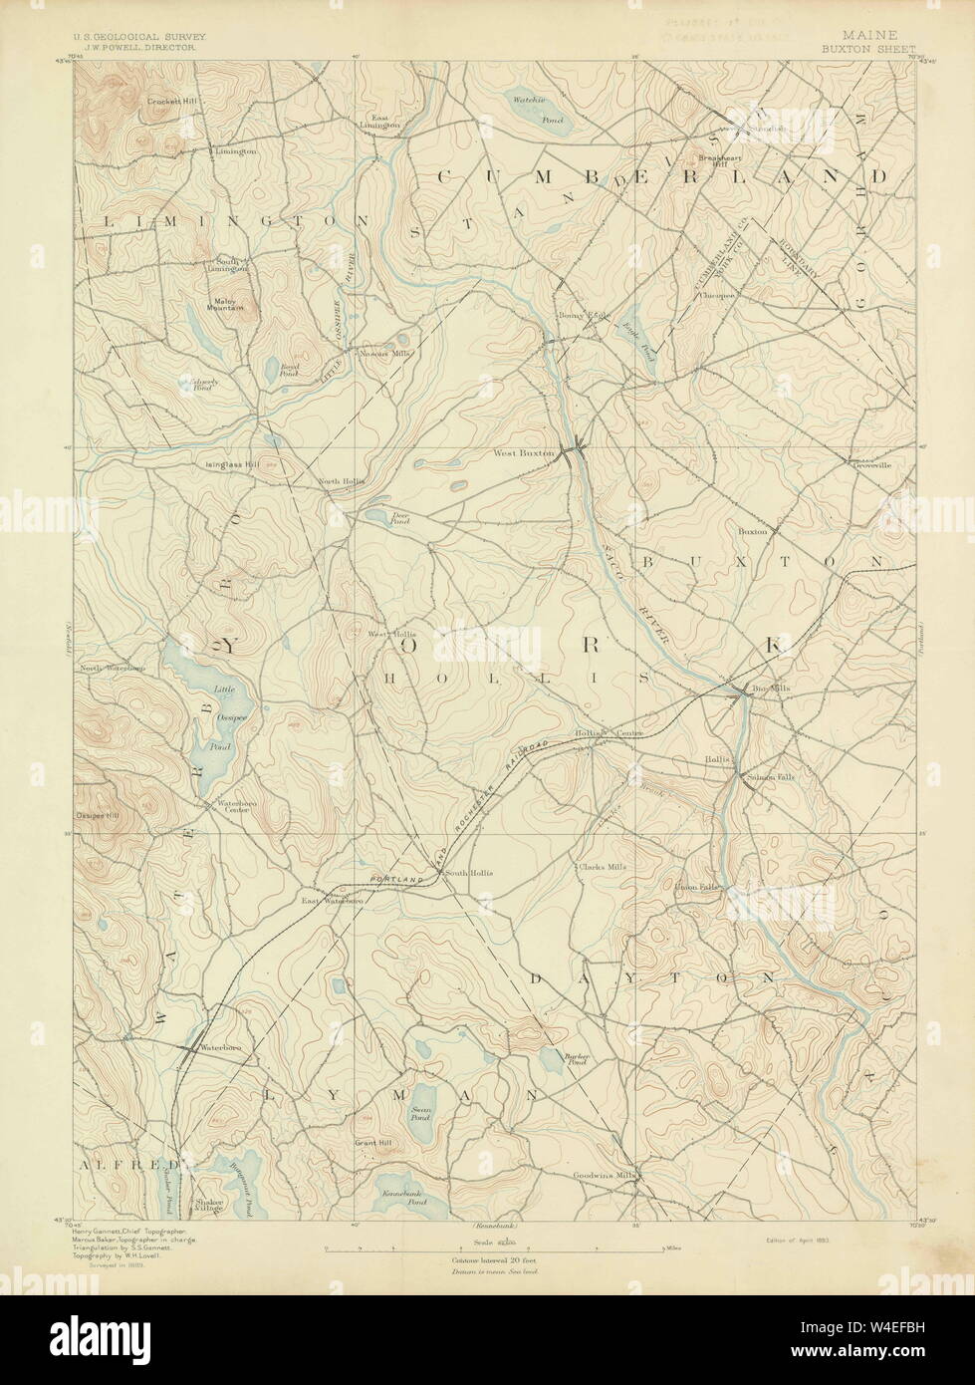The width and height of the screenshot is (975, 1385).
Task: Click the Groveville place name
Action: coord(868,462)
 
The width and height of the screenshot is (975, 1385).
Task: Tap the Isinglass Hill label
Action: coord(231,463)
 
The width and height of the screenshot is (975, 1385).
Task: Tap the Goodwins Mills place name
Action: coord(605,1175)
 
